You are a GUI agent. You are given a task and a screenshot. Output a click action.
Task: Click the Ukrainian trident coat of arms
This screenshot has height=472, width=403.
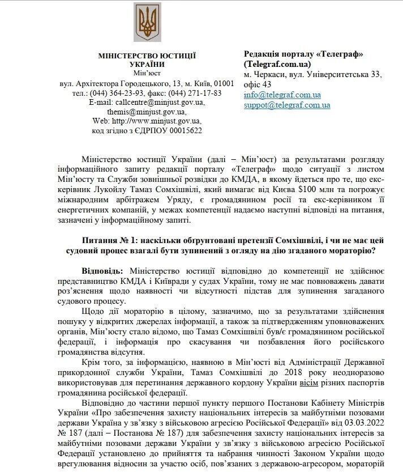point(146,23)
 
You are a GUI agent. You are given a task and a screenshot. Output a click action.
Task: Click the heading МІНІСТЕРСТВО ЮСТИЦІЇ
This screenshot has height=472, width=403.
point(147,55)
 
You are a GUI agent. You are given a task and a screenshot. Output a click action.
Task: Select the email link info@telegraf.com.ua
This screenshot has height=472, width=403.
point(282,95)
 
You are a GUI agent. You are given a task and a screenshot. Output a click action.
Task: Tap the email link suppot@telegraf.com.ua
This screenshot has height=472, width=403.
point(287,105)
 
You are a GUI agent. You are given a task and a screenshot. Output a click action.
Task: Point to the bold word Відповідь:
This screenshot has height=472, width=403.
point(105,271)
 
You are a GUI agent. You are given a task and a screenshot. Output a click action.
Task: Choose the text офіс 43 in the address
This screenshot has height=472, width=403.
point(258,84)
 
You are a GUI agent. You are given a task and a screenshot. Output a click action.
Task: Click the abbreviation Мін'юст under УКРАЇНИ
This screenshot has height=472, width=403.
point(147,73)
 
